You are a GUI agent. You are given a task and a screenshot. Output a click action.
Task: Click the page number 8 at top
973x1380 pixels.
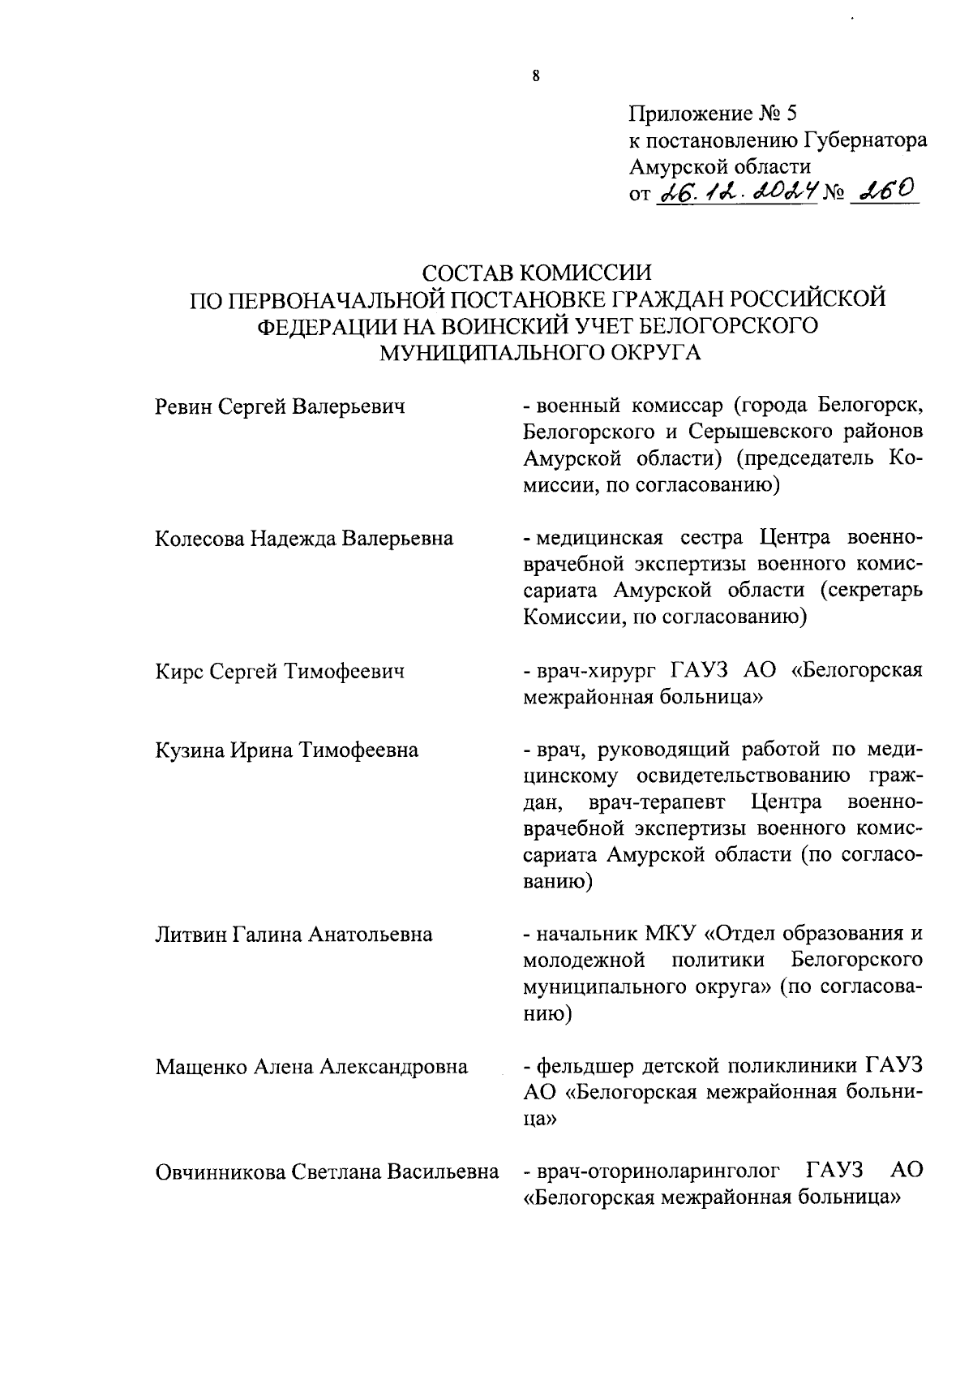click(536, 78)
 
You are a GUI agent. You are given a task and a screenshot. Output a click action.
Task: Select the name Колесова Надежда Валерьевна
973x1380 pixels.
click(304, 538)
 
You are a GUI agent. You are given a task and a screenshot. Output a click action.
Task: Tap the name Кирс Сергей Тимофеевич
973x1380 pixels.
click(280, 671)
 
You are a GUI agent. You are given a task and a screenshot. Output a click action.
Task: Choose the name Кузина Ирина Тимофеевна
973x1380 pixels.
click(287, 750)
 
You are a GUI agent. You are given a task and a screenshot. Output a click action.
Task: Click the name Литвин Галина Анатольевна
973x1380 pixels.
click(294, 935)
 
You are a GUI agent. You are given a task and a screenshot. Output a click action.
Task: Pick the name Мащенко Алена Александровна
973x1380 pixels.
click(311, 1066)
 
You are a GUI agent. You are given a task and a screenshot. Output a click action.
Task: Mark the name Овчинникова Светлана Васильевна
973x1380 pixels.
click(327, 1171)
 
